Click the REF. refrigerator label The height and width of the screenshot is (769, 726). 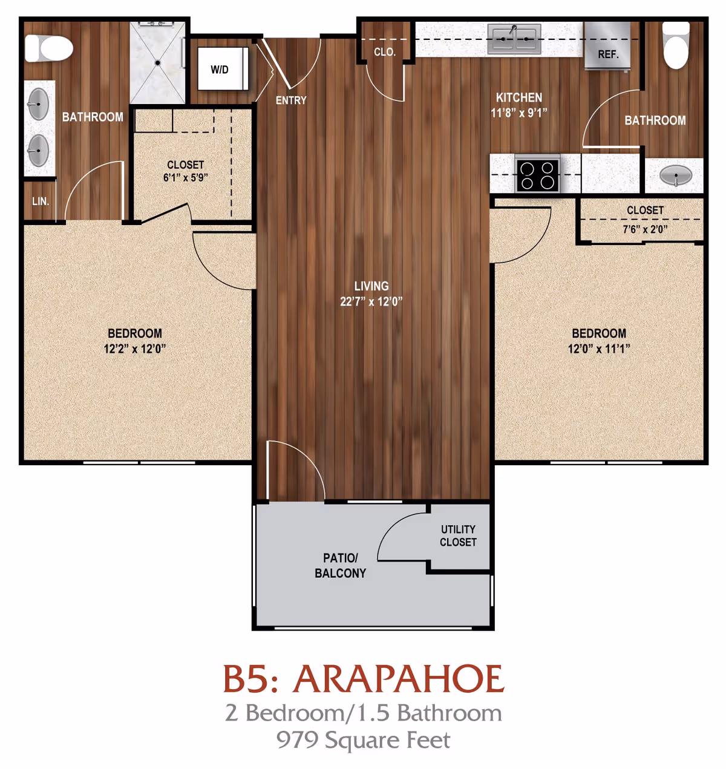tap(608, 54)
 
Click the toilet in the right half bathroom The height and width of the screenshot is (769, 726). tap(676, 45)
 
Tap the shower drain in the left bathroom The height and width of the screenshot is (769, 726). tap(157, 62)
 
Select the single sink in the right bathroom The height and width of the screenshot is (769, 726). tap(676, 176)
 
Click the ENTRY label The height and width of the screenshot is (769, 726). tap(291, 100)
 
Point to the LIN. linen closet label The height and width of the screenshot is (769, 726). tap(41, 201)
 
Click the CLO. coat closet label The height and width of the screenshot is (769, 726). tap(385, 52)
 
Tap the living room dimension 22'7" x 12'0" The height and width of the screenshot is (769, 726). tap(371, 301)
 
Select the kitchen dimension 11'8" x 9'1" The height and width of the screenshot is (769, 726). tap(519, 113)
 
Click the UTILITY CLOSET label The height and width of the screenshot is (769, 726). tap(458, 535)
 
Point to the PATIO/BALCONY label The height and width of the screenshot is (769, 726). tap(340, 565)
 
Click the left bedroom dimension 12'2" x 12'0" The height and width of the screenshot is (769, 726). tap(134, 349)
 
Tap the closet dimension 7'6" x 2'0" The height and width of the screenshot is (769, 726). tap(645, 229)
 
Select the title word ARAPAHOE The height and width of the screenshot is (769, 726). tap(398, 679)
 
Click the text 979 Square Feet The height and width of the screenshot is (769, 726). tap(363, 740)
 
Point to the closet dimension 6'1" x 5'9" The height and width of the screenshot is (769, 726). tap(185, 178)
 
